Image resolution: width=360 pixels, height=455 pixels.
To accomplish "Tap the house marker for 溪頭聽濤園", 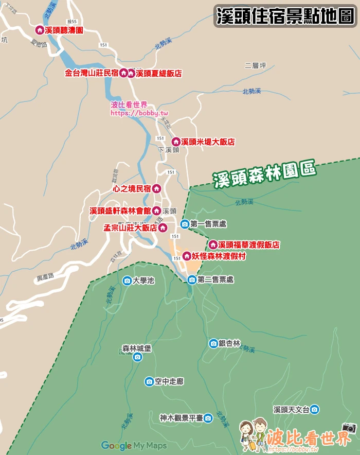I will click(39, 30).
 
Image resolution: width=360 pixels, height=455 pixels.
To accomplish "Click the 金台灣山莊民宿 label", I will click(92, 74).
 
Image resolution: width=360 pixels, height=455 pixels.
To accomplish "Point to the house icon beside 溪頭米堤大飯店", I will click(175, 142).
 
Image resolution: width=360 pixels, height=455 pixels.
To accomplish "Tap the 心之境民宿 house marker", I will click(156, 188).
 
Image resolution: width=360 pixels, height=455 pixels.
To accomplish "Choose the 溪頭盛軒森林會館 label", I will click(120, 211).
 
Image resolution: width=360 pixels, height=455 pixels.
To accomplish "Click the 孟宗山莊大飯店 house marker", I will click(163, 227).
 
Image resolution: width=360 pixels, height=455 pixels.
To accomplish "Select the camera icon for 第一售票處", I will click(185, 224).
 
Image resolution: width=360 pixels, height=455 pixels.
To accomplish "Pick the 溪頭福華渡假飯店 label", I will click(249, 244).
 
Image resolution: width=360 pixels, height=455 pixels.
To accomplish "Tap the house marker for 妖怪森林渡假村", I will click(187, 255).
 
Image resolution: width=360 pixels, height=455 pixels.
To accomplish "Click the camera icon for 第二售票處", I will click(192, 279).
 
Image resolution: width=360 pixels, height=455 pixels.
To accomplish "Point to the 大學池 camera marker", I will click(127, 281).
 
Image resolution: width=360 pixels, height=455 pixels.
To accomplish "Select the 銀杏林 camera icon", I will click(213, 343).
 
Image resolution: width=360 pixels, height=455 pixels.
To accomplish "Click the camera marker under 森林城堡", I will click(137, 357).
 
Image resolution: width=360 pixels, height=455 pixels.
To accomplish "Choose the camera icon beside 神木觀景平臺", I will click(208, 418).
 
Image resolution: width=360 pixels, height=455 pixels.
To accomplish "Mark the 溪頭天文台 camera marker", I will click(314, 410).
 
